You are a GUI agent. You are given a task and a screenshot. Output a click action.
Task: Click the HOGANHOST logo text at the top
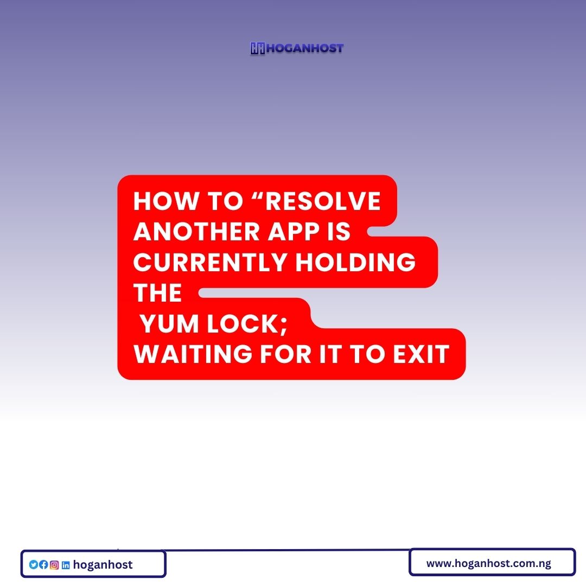tap(304, 48)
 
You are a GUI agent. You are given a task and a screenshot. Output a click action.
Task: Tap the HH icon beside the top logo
tap(257, 48)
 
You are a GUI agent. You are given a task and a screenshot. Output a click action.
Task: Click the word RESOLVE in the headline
tap(323, 202)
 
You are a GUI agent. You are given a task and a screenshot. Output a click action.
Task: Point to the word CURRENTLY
tap(210, 263)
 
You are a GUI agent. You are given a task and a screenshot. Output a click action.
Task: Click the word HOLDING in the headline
tap(355, 263)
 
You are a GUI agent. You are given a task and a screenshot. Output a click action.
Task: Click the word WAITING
tap(193, 354)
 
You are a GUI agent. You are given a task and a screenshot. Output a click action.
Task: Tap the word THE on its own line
tap(157, 294)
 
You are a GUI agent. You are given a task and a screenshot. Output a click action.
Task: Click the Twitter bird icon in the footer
tap(34, 565)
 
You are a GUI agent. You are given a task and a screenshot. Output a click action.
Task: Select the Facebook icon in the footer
tap(44, 565)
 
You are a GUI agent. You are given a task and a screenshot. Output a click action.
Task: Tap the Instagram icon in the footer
tap(54, 565)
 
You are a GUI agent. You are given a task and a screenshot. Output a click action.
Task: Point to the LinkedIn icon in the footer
tap(66, 565)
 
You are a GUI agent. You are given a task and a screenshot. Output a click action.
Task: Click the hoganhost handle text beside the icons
tap(103, 565)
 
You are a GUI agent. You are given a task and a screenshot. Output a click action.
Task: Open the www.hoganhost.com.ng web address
tap(488, 563)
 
